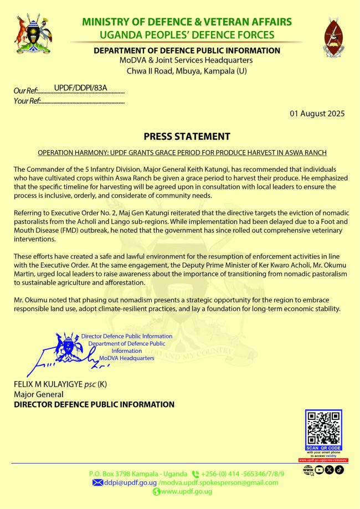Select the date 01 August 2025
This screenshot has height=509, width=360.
click(317, 114)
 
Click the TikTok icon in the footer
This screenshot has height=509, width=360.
click(340, 470)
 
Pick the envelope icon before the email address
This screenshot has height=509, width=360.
click(97, 482)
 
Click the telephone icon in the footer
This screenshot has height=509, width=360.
click(195, 474)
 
